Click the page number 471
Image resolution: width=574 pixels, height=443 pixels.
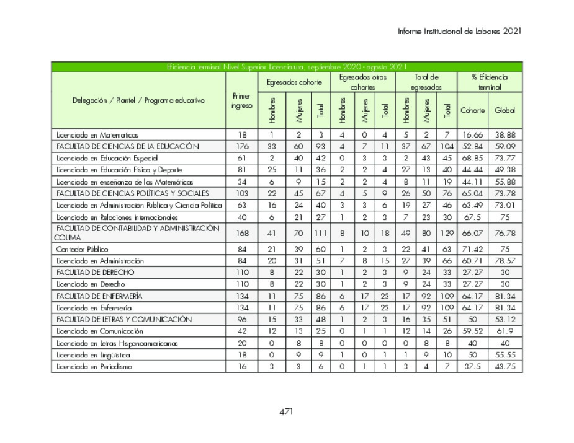[x=286, y=411]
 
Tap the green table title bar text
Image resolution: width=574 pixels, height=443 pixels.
[x=286, y=67]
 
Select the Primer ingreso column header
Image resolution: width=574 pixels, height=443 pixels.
[x=241, y=100]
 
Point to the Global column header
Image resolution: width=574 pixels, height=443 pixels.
[x=504, y=110]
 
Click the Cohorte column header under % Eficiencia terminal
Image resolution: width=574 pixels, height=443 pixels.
[x=472, y=110]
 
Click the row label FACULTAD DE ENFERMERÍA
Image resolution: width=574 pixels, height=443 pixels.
[x=99, y=296]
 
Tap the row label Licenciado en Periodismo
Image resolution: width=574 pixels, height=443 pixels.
[x=94, y=367]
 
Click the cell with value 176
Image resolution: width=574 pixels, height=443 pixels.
[x=241, y=147]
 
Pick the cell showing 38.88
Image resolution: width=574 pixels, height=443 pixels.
[x=504, y=134]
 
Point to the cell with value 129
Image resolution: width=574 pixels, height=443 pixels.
[x=444, y=233]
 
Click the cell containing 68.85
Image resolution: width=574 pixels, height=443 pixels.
[x=472, y=159]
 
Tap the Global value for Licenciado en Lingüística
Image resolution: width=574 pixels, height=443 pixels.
[x=504, y=355]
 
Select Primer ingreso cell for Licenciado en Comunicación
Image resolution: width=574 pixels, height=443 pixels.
[x=241, y=331]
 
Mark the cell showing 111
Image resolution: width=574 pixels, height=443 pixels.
[x=320, y=233]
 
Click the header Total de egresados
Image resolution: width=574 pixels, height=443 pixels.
[x=426, y=82]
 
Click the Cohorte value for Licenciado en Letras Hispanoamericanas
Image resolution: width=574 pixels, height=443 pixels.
[x=472, y=343]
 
